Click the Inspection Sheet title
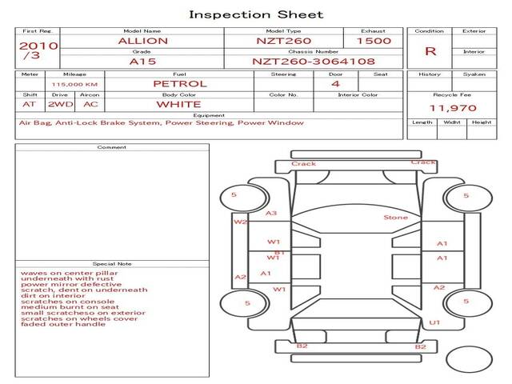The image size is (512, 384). [x=255, y=14]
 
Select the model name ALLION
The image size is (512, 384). [x=142, y=41]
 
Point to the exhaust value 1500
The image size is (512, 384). [x=374, y=41]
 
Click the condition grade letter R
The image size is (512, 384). [x=430, y=51]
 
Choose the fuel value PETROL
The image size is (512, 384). [x=179, y=83]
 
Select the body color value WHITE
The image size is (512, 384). [x=178, y=104]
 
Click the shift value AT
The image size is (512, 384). [x=30, y=104]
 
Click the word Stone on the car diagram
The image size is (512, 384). [x=395, y=218]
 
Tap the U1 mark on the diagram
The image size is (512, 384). [x=434, y=322]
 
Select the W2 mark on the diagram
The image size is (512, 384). [x=239, y=222]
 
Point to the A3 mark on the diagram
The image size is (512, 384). [x=271, y=214]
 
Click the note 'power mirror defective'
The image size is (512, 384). [x=60, y=284]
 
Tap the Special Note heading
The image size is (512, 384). [x=111, y=263]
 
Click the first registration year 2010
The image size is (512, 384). [x=38, y=45]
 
